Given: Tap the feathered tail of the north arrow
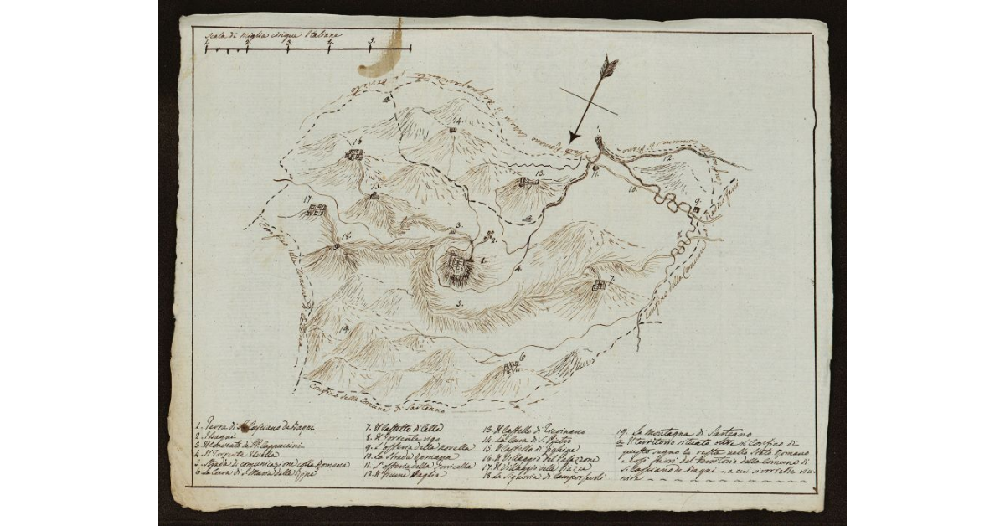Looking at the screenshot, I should coord(611,66).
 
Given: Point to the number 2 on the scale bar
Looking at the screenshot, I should coord(287,41).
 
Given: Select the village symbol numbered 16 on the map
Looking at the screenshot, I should coord(354,155).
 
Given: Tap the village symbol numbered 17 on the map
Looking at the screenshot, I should coord(316,209).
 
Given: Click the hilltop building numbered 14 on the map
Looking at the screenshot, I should coord(453,130).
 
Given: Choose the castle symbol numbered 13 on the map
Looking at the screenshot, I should coord(526,182).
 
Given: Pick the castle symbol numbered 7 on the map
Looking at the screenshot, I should coord(599,286).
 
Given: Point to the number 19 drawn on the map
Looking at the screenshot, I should coord(322,328).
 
